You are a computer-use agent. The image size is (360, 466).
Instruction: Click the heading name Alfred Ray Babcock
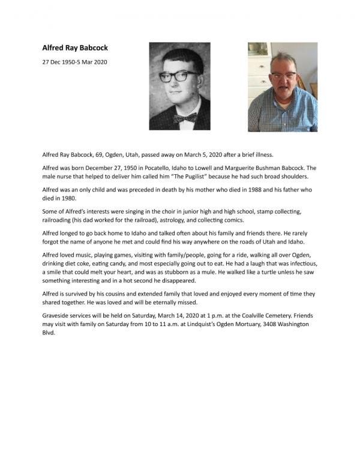(75, 47)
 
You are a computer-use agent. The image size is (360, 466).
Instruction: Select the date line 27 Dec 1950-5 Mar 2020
(75, 62)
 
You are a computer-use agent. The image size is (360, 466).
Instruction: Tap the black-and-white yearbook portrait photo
(179, 86)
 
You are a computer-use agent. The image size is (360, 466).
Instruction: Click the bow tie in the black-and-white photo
(186, 118)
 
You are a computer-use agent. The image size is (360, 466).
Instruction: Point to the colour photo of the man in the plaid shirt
(283, 87)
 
